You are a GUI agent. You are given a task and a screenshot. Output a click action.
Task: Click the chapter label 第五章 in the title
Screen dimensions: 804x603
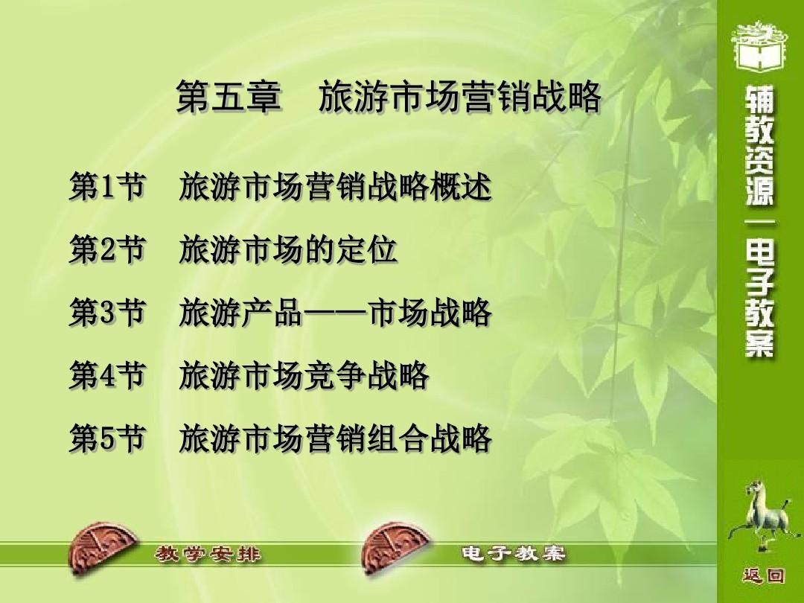coord(229,96)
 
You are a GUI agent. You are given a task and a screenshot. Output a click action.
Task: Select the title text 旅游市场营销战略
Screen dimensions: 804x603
coord(459,96)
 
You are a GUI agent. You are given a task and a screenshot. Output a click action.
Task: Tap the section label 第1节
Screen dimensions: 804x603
coord(106,186)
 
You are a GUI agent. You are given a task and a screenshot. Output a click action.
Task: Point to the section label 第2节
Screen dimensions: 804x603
coord(106,249)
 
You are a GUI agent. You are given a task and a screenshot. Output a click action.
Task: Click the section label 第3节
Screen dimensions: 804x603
coord(106,312)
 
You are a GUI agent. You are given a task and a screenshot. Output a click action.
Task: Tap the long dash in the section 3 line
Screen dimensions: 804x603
coord(335,312)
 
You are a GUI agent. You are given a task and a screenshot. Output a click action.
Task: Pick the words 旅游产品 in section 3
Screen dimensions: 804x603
coord(240,312)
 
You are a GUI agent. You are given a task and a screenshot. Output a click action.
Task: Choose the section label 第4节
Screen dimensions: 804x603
coord(106,375)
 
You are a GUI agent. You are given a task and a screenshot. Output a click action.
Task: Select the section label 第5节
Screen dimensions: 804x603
coord(106,438)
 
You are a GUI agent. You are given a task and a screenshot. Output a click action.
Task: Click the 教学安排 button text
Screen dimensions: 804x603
coord(208,555)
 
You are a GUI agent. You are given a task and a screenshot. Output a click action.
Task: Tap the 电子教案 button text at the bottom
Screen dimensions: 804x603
coord(514,554)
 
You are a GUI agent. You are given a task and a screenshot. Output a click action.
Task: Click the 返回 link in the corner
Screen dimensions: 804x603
coord(763,575)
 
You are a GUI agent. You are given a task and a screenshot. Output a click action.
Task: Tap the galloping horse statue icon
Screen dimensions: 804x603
coord(763,515)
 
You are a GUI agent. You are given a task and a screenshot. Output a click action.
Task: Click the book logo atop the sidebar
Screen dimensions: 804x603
coord(760,46)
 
